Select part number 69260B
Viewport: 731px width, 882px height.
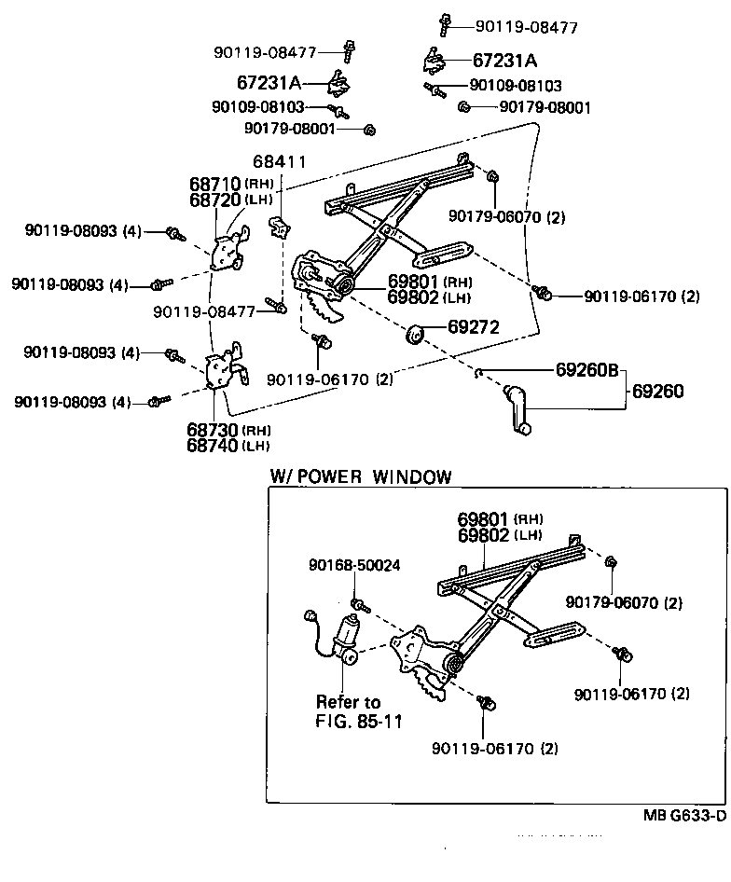tap(587, 370)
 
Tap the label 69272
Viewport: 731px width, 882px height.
tap(474, 327)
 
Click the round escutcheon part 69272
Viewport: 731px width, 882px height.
tap(415, 332)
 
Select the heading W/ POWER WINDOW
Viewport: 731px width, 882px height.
tap(361, 476)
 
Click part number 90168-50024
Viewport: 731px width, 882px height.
tap(355, 565)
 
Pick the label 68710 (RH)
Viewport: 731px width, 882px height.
tap(228, 184)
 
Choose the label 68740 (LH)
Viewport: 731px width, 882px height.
tap(228, 446)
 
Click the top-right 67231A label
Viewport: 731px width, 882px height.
tap(504, 61)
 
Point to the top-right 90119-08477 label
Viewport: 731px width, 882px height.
tap(526, 27)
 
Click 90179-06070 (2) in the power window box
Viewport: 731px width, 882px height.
tap(636, 602)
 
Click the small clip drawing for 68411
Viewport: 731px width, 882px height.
tap(278, 227)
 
